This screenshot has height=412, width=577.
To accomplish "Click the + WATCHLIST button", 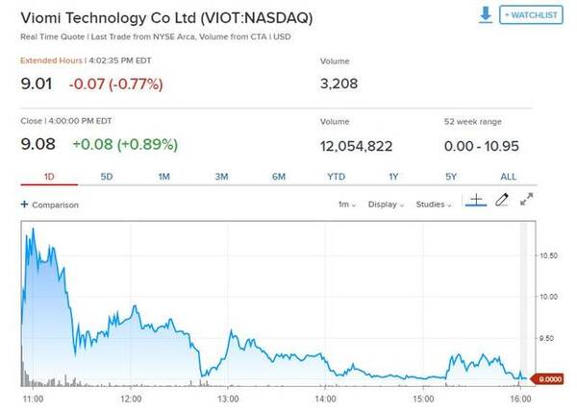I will [530, 16].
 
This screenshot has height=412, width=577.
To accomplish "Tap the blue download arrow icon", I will [486, 15].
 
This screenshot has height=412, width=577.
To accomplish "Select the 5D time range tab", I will [107, 177].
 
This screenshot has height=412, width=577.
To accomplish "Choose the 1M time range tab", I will [164, 177].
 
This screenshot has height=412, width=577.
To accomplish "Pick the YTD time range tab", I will [336, 177].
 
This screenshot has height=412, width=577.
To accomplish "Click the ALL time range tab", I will [508, 177].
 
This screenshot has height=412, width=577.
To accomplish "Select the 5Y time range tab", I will [450, 177].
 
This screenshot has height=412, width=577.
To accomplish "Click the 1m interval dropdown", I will [346, 205].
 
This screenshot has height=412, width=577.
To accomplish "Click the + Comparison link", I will [50, 205].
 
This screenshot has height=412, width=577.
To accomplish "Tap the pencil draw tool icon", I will [501, 201].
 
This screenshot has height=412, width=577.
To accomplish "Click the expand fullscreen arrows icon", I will [526, 201].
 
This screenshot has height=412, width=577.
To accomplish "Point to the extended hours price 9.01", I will [37, 84].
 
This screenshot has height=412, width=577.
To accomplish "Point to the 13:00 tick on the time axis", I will [228, 398].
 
